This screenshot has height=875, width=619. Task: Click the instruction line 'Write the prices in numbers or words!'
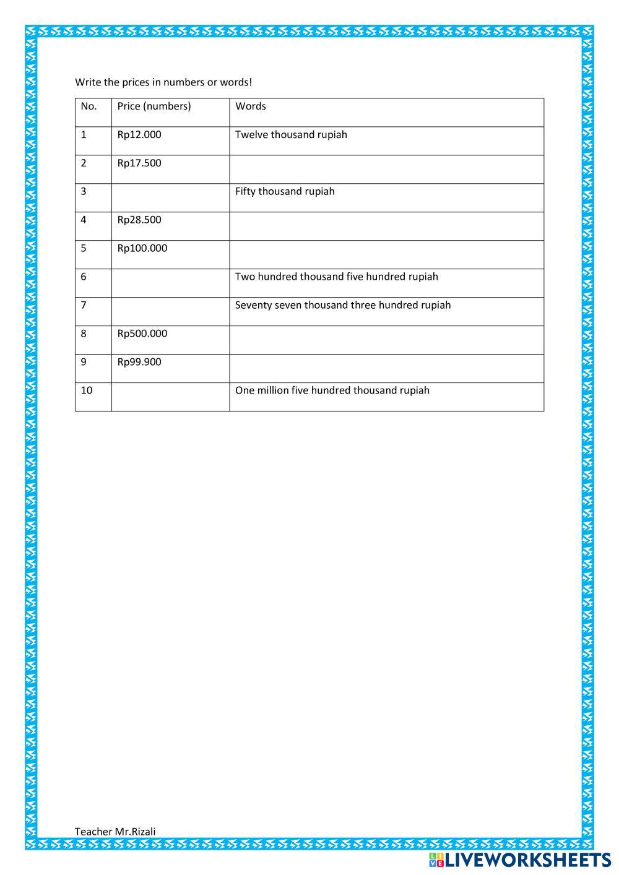click(x=163, y=82)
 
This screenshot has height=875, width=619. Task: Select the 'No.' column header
click(x=89, y=106)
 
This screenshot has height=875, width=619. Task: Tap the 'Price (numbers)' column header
click(x=154, y=106)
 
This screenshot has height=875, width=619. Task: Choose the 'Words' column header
click(x=250, y=106)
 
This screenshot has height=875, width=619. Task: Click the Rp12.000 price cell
click(x=139, y=135)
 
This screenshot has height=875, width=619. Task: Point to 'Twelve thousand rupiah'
click(x=291, y=135)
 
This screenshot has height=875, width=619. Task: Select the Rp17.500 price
click(x=139, y=163)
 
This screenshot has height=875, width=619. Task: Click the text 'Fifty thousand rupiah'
click(x=285, y=192)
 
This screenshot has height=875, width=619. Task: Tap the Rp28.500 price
click(x=139, y=220)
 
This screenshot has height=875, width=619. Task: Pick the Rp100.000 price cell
click(x=142, y=249)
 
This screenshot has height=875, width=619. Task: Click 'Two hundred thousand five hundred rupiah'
click(x=336, y=277)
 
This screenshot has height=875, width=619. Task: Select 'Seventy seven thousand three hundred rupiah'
click(x=343, y=306)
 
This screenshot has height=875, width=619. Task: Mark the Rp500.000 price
click(x=142, y=334)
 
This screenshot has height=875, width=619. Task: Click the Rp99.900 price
click(x=139, y=363)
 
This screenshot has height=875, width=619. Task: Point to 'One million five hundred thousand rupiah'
click(x=332, y=391)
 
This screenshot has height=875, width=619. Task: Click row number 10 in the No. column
click(x=87, y=391)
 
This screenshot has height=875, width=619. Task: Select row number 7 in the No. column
click(x=84, y=306)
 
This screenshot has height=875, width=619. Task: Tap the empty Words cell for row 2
click(x=386, y=169)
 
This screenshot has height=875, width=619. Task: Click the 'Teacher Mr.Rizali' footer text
click(x=115, y=832)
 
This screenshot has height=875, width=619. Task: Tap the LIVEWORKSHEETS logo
click(x=520, y=860)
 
